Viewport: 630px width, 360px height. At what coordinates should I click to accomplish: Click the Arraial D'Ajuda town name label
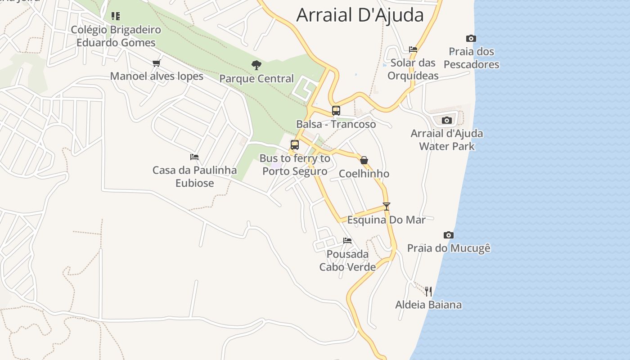coord(360,15)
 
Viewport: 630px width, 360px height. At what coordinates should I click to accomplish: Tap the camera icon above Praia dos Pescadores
coord(471,39)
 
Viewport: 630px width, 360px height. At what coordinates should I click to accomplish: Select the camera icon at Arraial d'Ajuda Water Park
coord(447,120)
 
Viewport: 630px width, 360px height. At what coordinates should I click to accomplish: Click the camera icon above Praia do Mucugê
coord(448,235)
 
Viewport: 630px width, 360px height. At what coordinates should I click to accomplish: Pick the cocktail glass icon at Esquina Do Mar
coord(386,207)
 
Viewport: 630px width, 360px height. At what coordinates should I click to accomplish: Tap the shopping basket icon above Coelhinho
coord(364,160)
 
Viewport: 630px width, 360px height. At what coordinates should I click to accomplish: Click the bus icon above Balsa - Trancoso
coord(336,110)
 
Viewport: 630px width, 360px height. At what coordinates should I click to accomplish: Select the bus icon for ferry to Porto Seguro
coord(295,145)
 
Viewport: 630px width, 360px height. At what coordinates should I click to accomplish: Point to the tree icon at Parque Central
coord(256,65)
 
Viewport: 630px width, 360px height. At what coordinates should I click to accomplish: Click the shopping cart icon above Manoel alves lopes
coord(156,63)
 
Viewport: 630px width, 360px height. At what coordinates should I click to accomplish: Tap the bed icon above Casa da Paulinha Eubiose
coord(194,157)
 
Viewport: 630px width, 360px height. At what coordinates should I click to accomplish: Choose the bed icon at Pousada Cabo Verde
coord(347,241)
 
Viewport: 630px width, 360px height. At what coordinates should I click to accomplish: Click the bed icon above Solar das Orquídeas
coord(413,49)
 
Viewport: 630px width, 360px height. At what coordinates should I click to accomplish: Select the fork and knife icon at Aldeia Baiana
coord(428,292)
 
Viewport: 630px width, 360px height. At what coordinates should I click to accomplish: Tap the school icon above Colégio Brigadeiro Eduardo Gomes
coord(116,16)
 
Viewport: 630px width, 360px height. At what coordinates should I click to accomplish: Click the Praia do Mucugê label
coord(449,248)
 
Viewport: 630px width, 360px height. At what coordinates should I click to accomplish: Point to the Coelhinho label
coord(364,174)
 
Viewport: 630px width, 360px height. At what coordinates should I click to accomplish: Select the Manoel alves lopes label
coord(157,76)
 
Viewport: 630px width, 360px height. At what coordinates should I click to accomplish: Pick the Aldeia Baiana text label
coord(428,305)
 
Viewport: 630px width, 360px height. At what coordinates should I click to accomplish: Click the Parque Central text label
coord(256,78)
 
